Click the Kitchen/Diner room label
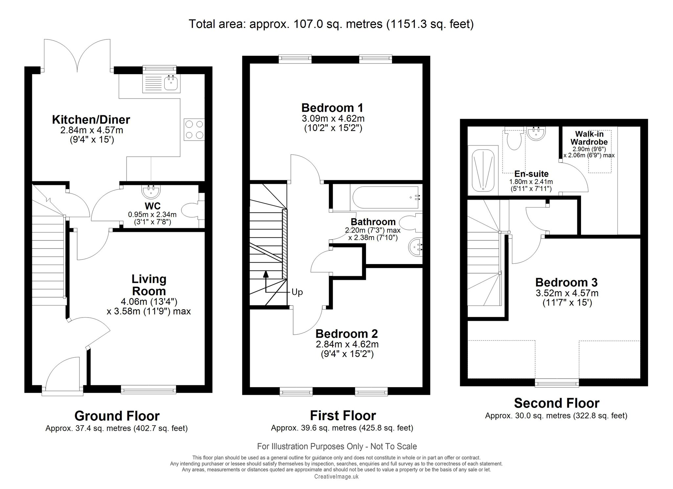coord(91,120)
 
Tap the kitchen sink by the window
coord(161,83)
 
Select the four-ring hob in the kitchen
coord(194,129)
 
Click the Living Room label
coord(149,285)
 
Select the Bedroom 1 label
coord(332,108)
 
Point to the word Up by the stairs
coord(297,292)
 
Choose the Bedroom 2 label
coord(347,334)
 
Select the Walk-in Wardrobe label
coord(589,138)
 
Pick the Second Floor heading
coord(557,403)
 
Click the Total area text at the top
coord(331,24)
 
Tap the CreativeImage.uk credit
coord(336,477)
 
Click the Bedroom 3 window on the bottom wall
coord(557,383)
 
